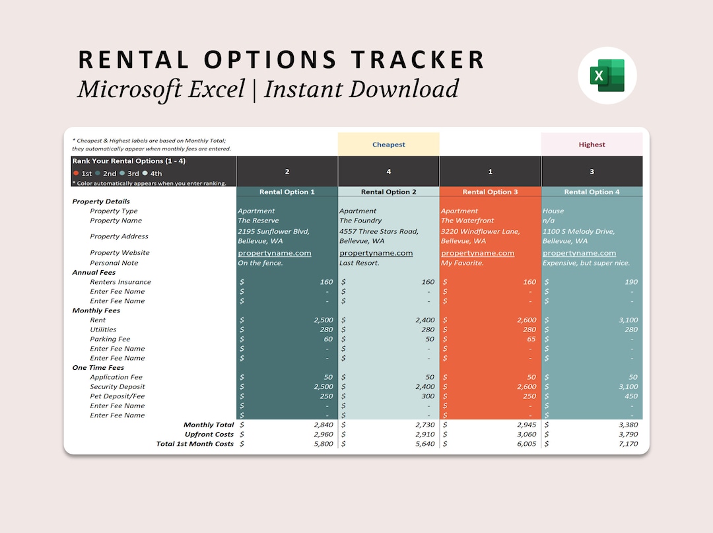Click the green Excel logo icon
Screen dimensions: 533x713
pos(607,75)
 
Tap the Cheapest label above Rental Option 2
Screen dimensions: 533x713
pos(388,145)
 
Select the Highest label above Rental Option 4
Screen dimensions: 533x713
pos(592,145)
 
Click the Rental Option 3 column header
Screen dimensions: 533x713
pos(490,192)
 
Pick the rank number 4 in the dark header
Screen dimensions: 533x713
pos(388,172)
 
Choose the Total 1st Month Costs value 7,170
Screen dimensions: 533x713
pos(626,444)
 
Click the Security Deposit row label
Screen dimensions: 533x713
pos(118,387)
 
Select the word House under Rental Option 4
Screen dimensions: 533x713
pos(553,211)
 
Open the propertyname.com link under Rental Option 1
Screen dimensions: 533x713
pos(274,253)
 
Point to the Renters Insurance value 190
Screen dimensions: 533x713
pos(630,282)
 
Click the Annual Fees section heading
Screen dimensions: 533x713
pos(94,272)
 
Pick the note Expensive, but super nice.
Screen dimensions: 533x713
pos(586,263)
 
